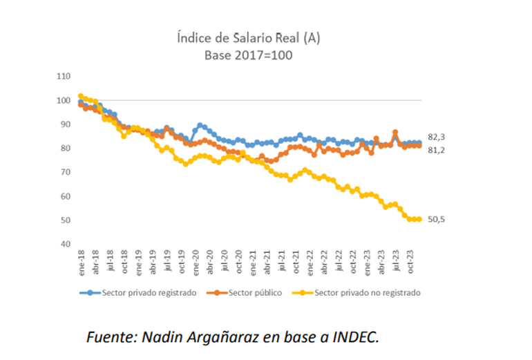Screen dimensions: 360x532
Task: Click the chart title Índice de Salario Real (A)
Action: tap(247, 39)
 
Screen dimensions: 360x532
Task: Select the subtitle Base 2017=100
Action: tap(247, 55)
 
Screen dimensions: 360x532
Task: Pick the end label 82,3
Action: tap(437, 137)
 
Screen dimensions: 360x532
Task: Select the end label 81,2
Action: tap(437, 149)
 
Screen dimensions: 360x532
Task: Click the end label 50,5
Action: tap(437, 219)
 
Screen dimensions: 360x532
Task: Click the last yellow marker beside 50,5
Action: tap(419, 219)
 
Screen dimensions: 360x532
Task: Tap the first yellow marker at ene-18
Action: tap(81, 97)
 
